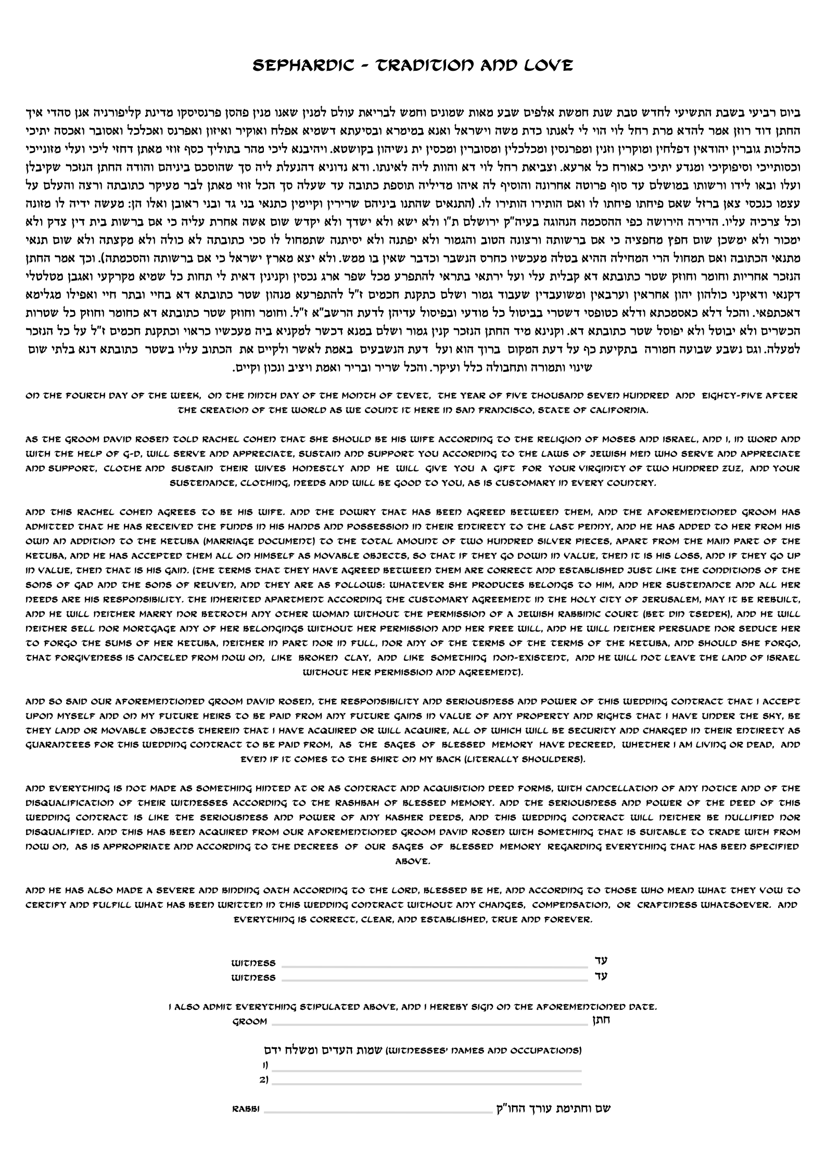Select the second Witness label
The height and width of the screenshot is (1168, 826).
[253, 978]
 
